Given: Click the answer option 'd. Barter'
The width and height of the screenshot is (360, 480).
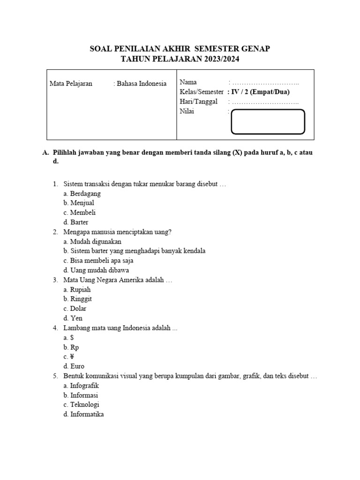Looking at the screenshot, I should pyautogui.click(x=75, y=222).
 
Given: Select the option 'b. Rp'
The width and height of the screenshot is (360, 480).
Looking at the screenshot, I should pyautogui.click(x=71, y=347).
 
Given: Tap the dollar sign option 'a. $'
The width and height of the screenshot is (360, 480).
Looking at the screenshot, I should pyautogui.click(x=68, y=337).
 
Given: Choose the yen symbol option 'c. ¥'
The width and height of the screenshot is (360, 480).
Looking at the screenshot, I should pyautogui.click(x=69, y=357).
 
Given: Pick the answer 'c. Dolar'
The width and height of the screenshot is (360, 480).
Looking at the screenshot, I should pyautogui.click(x=75, y=309).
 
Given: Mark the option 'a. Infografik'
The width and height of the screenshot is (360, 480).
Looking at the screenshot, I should pyautogui.click(x=81, y=386).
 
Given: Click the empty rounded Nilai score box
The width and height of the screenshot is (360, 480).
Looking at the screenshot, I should pyautogui.click(x=268, y=121).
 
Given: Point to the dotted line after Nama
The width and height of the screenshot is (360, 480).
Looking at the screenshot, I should pyautogui.click(x=265, y=83).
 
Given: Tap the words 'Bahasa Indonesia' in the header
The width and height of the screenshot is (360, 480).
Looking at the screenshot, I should pyautogui.click(x=141, y=84).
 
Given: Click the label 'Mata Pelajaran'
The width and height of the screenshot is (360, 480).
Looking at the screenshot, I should pyautogui.click(x=71, y=84).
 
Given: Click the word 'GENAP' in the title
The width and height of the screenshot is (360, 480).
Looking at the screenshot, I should pyautogui.click(x=255, y=48).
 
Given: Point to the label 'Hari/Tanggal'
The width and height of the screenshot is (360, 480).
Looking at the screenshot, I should pyautogui.click(x=199, y=102).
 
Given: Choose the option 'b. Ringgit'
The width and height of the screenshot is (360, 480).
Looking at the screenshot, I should pyautogui.click(x=77, y=299).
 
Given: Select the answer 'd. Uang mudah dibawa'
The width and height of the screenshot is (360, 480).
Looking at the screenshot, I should pyautogui.click(x=96, y=270).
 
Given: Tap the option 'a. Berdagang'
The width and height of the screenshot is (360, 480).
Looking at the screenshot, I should pyautogui.click(x=82, y=193).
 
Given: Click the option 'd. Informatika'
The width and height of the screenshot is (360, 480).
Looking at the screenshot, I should pyautogui.click(x=83, y=414).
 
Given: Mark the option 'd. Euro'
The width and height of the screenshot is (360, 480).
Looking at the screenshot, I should pyautogui.click(x=74, y=367).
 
